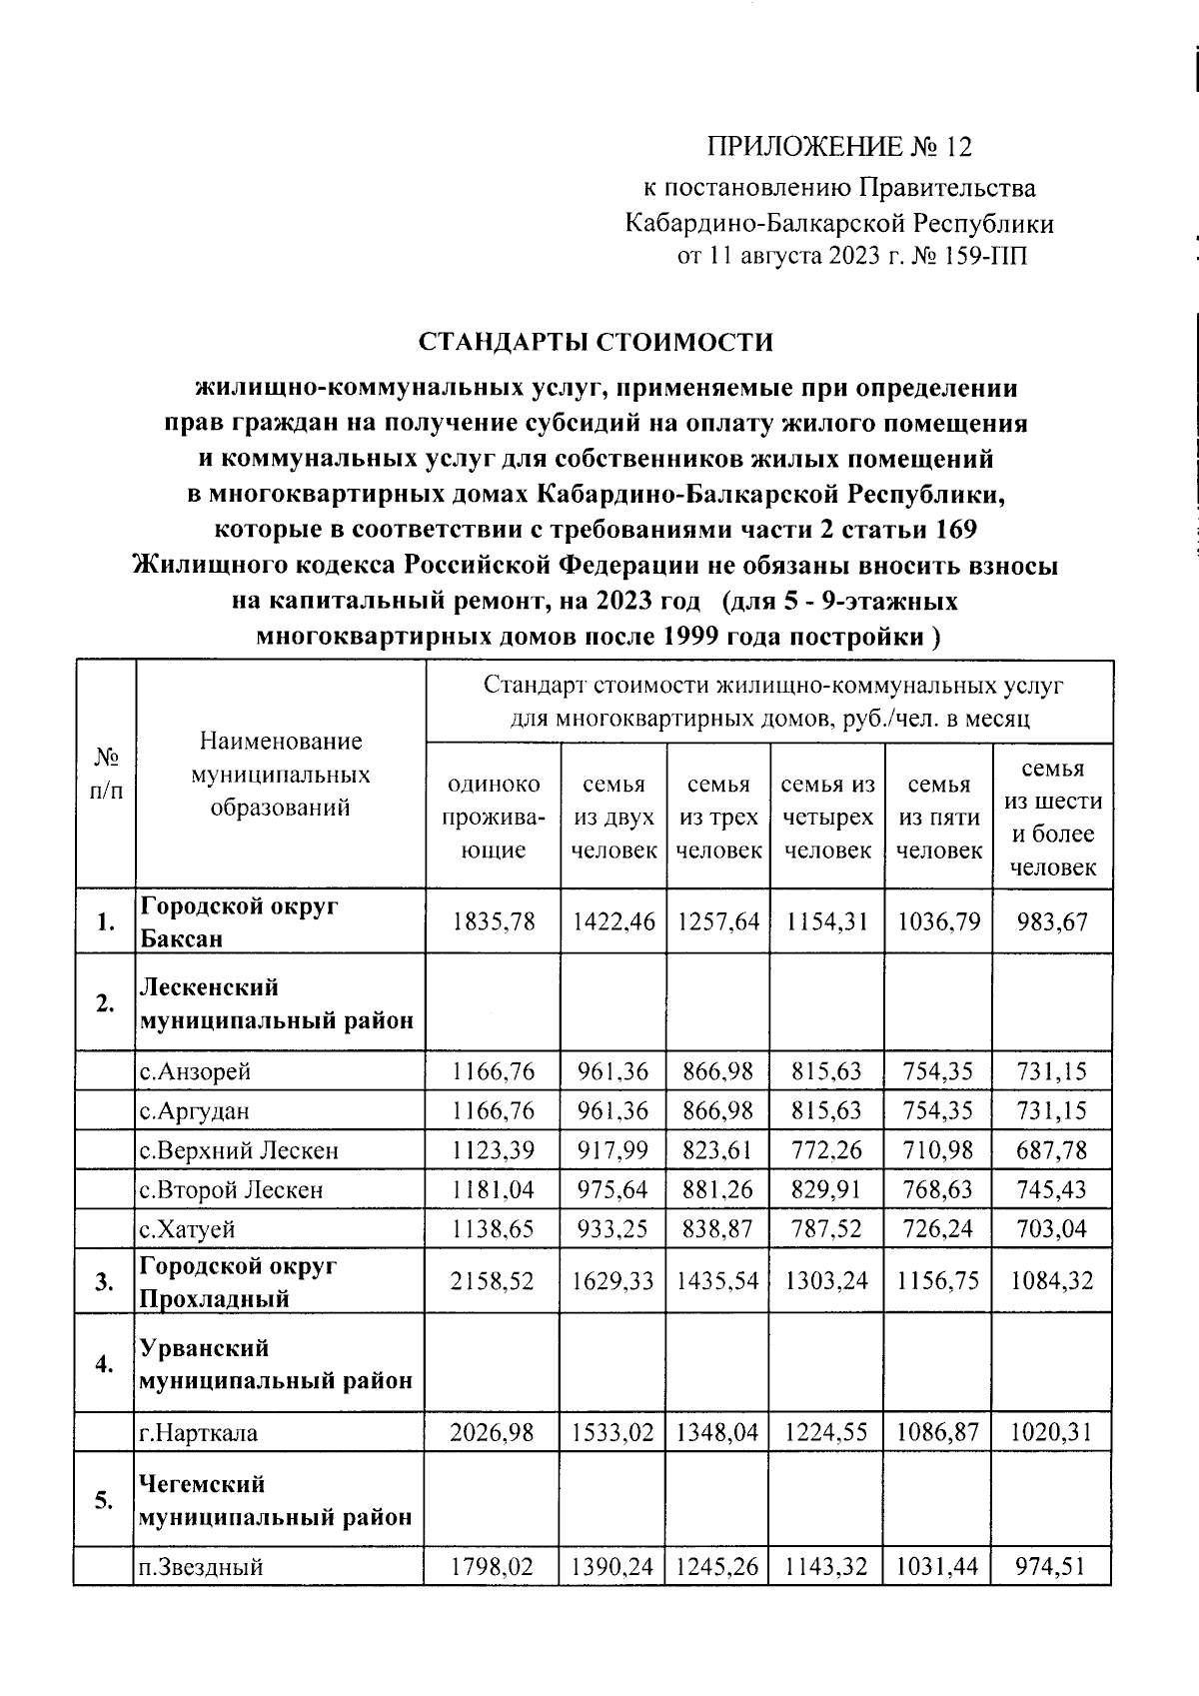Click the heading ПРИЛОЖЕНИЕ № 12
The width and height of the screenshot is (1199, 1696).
tap(838, 148)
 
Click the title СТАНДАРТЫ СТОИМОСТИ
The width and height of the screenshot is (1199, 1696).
tap(596, 342)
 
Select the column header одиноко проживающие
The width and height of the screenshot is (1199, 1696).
tap(493, 817)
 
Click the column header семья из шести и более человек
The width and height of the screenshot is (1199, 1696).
tap(1052, 817)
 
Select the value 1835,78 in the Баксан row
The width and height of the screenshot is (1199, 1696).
tap(493, 921)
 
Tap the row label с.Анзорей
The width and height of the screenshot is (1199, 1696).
tap(195, 1071)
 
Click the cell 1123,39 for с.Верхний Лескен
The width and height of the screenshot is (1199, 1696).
tap(493, 1150)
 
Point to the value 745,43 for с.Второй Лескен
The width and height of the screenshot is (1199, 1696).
tap(1052, 1189)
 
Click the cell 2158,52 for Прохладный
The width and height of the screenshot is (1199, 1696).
tap(493, 1280)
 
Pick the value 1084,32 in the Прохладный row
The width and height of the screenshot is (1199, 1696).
tap(1052, 1280)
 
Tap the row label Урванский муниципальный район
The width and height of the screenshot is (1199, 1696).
tap(275, 1364)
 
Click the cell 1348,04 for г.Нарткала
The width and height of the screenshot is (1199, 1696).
tap(718, 1432)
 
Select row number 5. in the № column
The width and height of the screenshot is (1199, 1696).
tap(104, 1500)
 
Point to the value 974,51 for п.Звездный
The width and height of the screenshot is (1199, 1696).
tap(1052, 1566)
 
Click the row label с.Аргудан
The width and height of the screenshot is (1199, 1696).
tap(195, 1110)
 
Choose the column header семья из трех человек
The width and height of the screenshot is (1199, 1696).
tap(718, 817)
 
